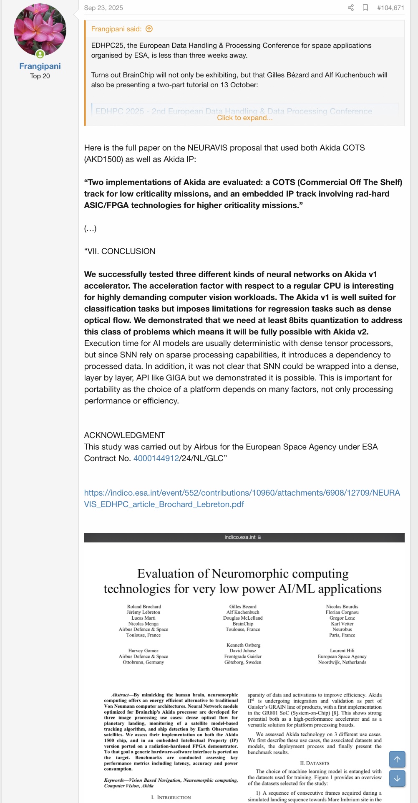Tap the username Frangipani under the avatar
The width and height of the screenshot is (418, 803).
coord(40,66)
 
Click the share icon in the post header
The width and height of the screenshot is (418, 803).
coord(351,8)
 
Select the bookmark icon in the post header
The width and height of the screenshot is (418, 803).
coord(365,8)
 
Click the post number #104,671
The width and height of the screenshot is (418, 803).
coord(390,8)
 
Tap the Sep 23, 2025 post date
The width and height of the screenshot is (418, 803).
coord(103,8)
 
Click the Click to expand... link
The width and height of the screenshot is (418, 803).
coord(244,118)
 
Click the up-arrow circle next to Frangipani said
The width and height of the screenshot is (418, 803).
coord(149,29)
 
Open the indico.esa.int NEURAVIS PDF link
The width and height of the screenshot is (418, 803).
coord(242,499)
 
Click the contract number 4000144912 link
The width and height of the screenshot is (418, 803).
coord(156,458)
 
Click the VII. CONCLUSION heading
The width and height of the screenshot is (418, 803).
coord(120,251)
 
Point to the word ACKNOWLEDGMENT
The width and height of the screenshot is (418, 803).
coord(124,435)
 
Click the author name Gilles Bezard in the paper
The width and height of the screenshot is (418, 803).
coord(243,606)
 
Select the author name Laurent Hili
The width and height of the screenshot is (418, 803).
coord(342,651)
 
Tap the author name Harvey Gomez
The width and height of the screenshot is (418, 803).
coord(144,651)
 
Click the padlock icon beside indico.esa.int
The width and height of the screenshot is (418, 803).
coord(259,537)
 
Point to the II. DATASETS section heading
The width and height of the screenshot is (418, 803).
coord(315,763)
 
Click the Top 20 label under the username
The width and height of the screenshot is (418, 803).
coord(40,76)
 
